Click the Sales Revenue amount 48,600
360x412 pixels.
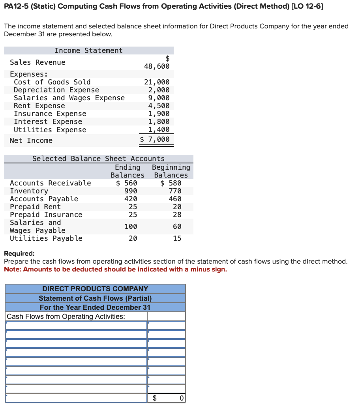[157, 66]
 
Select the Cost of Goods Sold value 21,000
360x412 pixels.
[157, 82]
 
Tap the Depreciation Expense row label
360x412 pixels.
[56, 90]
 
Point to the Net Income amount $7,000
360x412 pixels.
[155, 139]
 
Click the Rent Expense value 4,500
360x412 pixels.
[159, 106]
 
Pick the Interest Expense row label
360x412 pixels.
[48, 122]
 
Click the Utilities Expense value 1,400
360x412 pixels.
[159, 129]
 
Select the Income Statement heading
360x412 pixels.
[88, 51]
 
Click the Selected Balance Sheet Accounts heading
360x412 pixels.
[98, 159]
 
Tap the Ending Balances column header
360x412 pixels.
[127, 171]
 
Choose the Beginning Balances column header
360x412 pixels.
[171, 171]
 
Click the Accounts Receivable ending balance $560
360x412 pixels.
[127, 183]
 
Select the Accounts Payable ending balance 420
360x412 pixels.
[131, 199]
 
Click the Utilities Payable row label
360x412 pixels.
[46, 238]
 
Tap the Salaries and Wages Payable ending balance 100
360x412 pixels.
[131, 227]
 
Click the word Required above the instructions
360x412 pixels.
[19, 253]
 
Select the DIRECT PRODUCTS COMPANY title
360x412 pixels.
[95, 289]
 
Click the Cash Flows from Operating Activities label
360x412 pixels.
[66, 316]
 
